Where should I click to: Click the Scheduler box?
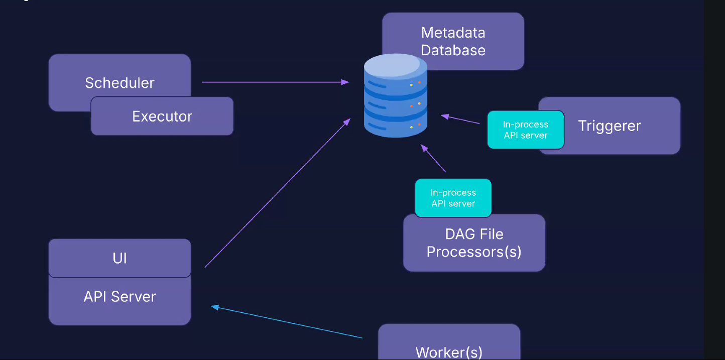click(119, 75)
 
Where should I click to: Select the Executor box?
click(162, 116)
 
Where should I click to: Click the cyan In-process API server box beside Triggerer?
click(525, 130)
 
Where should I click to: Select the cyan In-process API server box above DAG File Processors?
click(453, 198)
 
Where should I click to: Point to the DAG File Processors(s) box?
click(474, 243)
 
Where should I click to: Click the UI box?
click(119, 258)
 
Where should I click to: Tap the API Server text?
click(119, 296)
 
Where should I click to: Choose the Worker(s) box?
click(449, 346)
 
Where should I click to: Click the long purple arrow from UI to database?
click(277, 193)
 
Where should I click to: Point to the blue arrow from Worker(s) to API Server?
click(286, 322)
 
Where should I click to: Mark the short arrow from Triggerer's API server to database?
click(460, 119)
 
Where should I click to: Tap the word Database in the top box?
click(453, 50)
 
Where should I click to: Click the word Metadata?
click(453, 33)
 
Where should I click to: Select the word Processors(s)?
click(474, 252)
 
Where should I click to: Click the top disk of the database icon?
click(396, 65)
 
